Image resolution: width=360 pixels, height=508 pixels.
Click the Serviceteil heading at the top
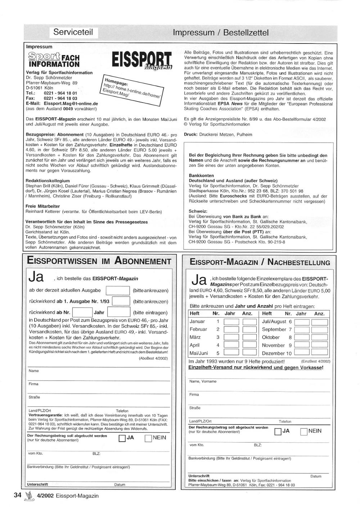(x=73, y=32)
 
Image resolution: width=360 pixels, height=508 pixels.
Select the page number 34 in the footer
(x=18, y=495)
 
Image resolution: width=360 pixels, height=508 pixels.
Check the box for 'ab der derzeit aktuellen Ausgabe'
(x=118, y=290)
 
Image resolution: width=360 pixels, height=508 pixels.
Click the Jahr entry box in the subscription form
(x=118, y=312)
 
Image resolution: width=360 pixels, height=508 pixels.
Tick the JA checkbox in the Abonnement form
(x=122, y=438)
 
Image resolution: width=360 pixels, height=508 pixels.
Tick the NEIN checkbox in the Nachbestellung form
(x=303, y=431)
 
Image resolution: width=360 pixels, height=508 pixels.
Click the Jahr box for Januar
(x=231, y=322)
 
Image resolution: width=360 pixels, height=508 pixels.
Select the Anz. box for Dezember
(x=319, y=353)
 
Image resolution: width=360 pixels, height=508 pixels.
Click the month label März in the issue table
(x=195, y=337)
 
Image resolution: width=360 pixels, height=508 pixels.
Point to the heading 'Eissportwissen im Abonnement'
(x=99, y=261)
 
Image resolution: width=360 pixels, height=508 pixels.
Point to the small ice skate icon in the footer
(x=28, y=496)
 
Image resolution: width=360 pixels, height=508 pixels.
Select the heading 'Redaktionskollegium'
(x=48, y=181)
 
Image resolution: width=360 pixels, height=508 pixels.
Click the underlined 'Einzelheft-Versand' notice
(x=256, y=367)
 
